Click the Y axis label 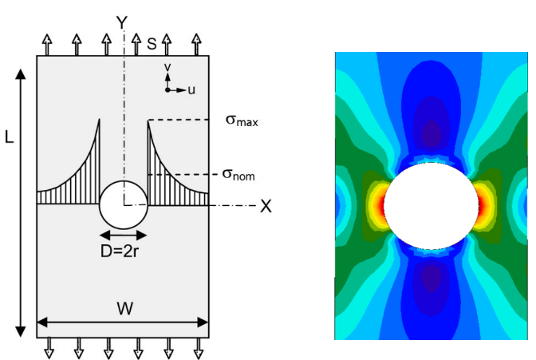pos(122,22)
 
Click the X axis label pos(266,206)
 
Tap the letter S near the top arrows pos(152,43)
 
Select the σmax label pos(242,121)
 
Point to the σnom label pos(238,175)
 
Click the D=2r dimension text pos(120,251)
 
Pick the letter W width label pos(125,308)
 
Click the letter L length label pos(10,137)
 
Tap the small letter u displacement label pos(191,90)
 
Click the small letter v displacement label pos(167,67)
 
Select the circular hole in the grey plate pos(124,204)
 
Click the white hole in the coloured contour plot pos(431,206)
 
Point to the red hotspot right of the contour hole pos(481,206)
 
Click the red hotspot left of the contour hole pos(380,206)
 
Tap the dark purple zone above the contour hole pos(432,133)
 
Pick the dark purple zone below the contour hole pos(432,278)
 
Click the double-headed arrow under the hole pos(124,235)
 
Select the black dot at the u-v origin pos(167,90)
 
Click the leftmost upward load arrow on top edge pos(47,45)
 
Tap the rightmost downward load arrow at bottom pos(199,348)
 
